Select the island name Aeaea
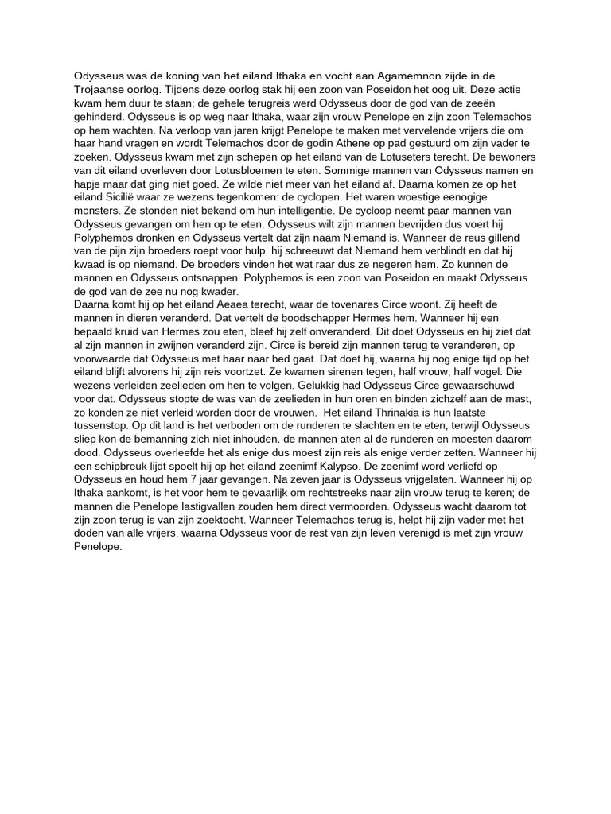pos(228,303)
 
